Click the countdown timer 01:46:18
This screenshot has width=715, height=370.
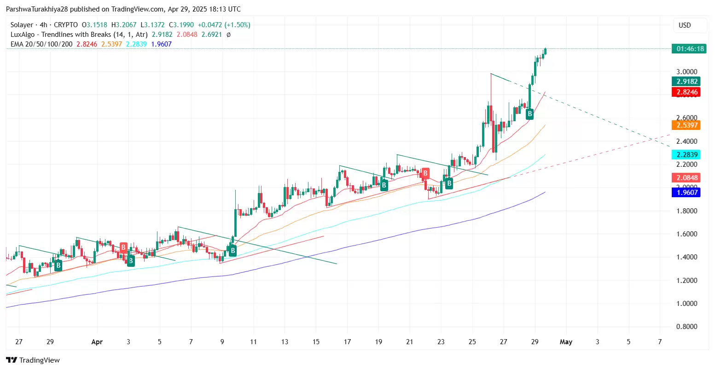688,49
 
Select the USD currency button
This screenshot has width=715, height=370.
685,25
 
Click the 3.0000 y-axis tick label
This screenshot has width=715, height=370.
686,72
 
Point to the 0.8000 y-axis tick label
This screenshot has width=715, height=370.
686,327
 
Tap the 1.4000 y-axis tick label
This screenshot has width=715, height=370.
686,257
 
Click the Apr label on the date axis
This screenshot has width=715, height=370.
97,342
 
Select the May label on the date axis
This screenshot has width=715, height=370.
566,342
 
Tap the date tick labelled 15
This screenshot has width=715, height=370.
316,342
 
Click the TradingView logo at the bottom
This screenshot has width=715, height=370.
33,360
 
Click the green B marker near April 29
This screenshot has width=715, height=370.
530,113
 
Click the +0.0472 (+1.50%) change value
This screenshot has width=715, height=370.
224,25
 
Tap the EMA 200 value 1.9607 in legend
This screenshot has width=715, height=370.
161,44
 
